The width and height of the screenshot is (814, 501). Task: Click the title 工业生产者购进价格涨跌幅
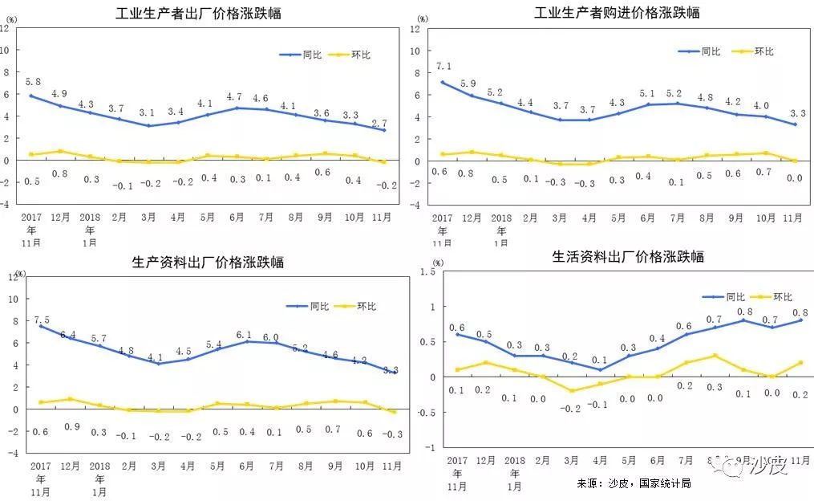617,13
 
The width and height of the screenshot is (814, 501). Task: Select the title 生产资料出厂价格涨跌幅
207,262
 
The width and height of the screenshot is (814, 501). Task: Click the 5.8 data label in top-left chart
34,82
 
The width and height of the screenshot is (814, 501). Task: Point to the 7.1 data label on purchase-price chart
443,67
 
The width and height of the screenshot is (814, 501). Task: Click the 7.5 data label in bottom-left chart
42,320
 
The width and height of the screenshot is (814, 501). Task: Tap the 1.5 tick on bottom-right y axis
427,272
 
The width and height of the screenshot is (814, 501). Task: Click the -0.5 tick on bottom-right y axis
425,412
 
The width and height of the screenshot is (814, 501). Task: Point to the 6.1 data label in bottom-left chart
244,335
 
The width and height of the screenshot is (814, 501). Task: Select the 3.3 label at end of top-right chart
796,114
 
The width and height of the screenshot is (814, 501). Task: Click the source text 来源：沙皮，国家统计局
633,484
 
